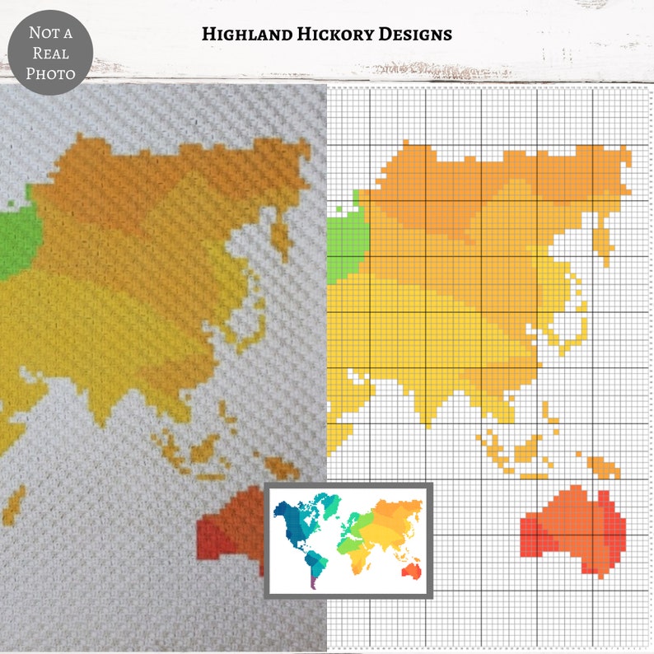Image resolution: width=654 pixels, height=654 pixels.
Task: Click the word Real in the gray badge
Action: pyautogui.click(x=50, y=54)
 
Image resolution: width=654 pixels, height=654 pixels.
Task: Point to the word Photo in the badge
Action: pyautogui.click(x=50, y=73)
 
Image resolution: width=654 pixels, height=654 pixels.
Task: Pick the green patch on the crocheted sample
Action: pyautogui.click(x=14, y=239)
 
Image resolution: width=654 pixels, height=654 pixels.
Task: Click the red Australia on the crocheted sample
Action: pyautogui.click(x=231, y=527)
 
